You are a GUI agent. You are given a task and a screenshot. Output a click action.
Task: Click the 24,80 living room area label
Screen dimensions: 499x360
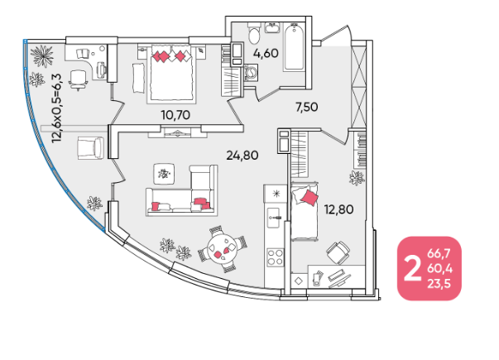pos(242,156)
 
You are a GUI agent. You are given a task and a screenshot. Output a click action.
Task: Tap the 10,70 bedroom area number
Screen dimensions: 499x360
pos(175,115)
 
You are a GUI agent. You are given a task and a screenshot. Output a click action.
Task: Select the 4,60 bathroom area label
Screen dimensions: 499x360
pos(266,53)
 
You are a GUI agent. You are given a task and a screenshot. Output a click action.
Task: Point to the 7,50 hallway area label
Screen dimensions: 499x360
pos(307,107)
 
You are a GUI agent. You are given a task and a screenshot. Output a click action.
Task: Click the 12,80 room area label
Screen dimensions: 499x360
pos(338,209)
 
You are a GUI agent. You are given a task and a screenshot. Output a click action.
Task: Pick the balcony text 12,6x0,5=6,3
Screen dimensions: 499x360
pos(58,108)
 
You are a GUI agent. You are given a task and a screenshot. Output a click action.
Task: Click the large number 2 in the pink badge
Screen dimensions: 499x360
pos(412,269)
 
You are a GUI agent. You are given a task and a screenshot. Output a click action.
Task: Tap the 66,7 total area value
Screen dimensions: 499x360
pos(439,254)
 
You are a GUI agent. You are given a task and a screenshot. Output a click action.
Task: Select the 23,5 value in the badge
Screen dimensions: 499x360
pos(439,284)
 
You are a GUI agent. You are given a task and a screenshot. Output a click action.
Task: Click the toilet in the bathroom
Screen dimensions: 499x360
pos(254,34)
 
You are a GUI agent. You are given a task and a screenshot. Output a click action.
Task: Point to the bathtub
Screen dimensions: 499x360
pos(294,47)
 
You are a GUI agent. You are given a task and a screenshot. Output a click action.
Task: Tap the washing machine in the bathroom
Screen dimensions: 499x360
pos(251,73)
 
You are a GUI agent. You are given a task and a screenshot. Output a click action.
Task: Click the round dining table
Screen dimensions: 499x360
pos(222,249)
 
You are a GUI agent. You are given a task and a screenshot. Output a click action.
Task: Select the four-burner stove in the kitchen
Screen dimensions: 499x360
pos(275,257)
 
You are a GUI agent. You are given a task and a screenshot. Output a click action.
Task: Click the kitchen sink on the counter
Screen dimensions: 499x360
pos(273,218)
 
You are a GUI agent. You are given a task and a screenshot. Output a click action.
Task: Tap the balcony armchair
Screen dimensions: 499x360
pos(90,148)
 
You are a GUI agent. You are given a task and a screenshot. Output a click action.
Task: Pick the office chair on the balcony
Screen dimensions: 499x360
pos(78,79)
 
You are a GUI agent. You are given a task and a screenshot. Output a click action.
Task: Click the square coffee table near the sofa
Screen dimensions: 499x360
pos(164,174)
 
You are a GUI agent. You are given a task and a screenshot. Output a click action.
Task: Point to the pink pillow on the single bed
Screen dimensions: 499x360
pos(309,197)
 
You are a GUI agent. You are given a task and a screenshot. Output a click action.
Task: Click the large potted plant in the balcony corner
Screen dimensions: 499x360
pos(42,56)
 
